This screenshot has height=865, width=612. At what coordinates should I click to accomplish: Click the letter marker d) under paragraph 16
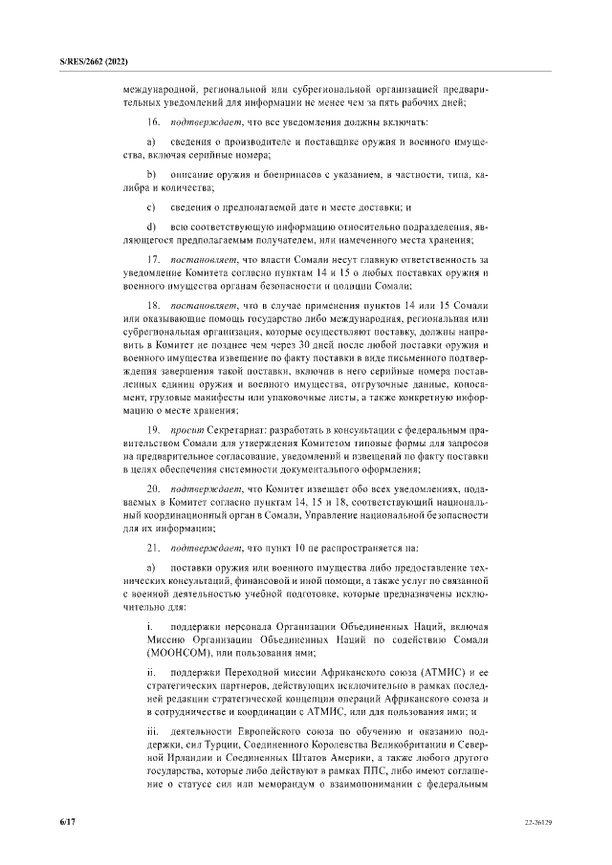coord(151,225)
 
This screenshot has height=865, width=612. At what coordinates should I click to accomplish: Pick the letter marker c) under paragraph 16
coord(151,206)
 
